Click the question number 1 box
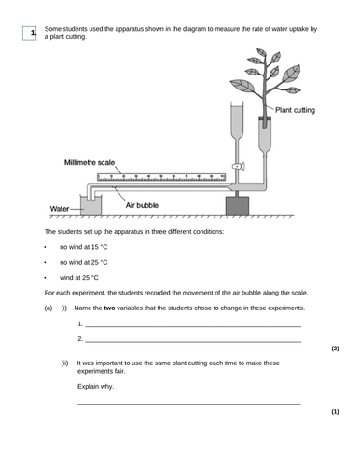coord(33,34)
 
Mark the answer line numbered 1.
coord(191,325)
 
